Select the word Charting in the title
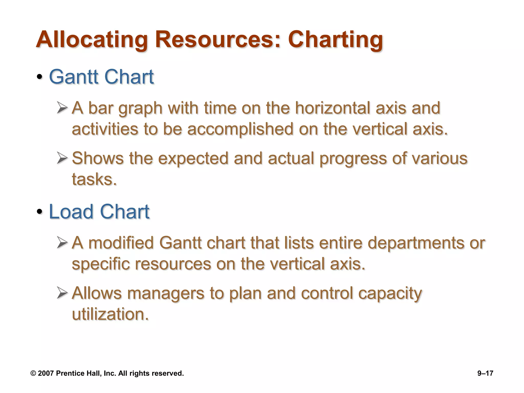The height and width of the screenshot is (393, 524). pos(335,40)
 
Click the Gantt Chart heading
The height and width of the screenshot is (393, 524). pos(101,77)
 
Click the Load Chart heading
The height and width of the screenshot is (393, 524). pos(99,212)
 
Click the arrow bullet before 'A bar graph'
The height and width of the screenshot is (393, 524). pos(62,108)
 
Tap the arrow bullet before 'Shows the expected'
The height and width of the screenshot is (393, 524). pos(62,158)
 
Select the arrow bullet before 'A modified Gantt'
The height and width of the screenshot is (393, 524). pos(62,242)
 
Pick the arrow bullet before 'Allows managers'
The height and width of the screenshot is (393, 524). pos(62,293)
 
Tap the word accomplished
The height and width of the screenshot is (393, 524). pos(240,129)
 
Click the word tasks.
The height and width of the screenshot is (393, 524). pos(94,179)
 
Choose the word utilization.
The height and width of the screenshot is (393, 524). pos(110,314)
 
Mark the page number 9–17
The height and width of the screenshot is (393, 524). pos(485,373)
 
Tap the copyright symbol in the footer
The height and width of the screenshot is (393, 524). pos(33,373)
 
